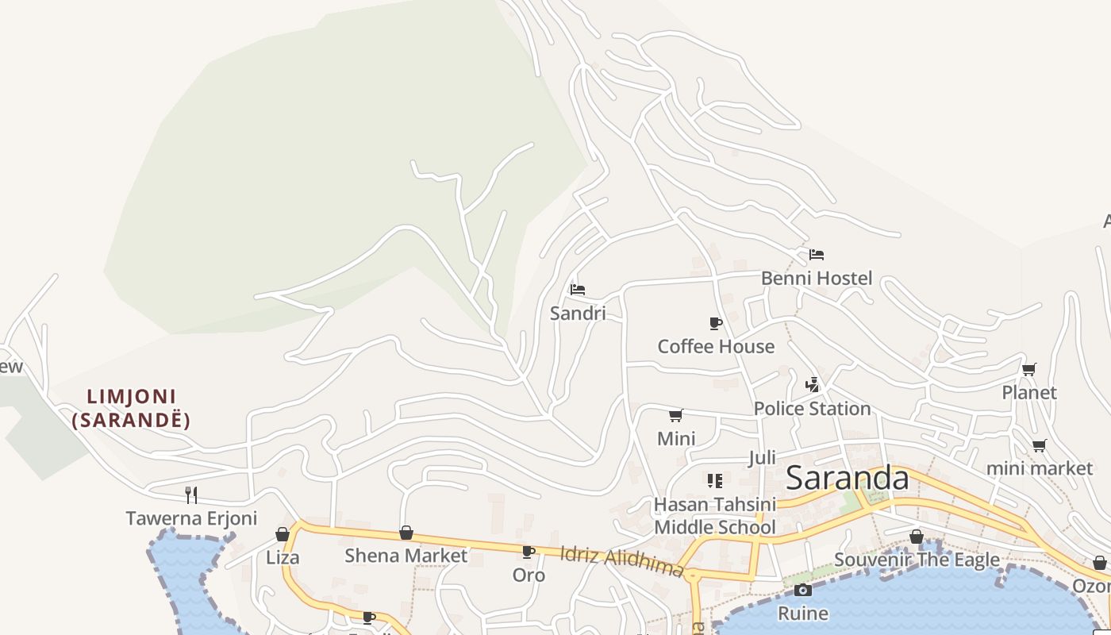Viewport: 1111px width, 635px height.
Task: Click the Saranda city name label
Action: pyautogui.click(x=847, y=479)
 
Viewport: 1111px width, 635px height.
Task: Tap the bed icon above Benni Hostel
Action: pyautogui.click(x=817, y=255)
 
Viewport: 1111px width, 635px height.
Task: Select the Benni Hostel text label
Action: pyautogui.click(x=816, y=279)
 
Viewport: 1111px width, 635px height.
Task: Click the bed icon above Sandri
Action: pyautogui.click(x=578, y=290)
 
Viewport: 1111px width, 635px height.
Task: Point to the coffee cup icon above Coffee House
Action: pyautogui.click(x=715, y=323)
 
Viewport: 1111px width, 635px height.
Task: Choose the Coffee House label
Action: pyautogui.click(x=716, y=347)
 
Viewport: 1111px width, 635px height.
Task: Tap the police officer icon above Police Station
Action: pyautogui.click(x=812, y=385)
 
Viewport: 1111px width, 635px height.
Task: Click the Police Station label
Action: pyautogui.click(x=812, y=409)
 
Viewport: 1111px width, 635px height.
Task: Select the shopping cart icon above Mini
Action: pyautogui.click(x=676, y=415)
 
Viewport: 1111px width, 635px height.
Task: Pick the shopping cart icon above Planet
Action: pyautogui.click(x=1029, y=369)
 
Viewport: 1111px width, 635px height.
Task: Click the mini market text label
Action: pyautogui.click(x=1039, y=468)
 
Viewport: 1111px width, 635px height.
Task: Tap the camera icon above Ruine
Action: pyautogui.click(x=803, y=590)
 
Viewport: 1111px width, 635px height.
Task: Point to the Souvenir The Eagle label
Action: pyautogui.click(x=917, y=560)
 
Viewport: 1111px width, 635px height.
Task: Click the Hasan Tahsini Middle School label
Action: pyautogui.click(x=714, y=516)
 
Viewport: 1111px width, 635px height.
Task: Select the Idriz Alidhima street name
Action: pyautogui.click(x=621, y=561)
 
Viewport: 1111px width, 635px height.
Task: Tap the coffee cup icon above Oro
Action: pyautogui.click(x=529, y=552)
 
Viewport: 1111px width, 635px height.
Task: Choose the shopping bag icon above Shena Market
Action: pyautogui.click(x=406, y=533)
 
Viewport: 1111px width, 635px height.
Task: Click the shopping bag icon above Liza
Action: pyautogui.click(x=283, y=534)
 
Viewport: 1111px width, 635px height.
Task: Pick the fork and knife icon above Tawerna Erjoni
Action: pyautogui.click(x=191, y=495)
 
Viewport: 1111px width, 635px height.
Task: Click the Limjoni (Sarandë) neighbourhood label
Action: pyautogui.click(x=132, y=408)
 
